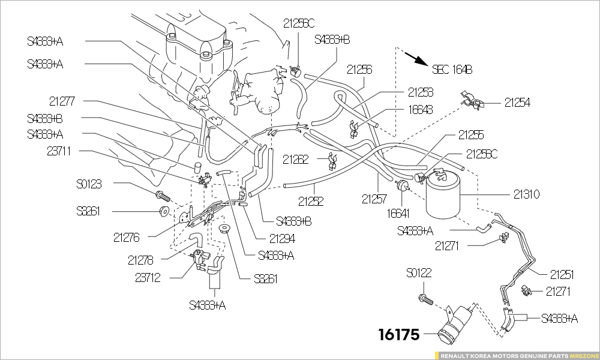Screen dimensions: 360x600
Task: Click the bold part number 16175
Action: click(x=398, y=335)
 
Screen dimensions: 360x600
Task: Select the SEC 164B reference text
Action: click(x=452, y=69)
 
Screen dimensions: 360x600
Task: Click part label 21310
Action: click(x=526, y=194)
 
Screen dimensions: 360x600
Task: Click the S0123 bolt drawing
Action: click(x=162, y=195)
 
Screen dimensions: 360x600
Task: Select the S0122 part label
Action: click(x=419, y=273)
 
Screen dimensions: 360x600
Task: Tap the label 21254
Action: click(x=517, y=103)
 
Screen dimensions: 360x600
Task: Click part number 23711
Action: click(x=59, y=151)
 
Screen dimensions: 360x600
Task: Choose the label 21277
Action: click(x=62, y=101)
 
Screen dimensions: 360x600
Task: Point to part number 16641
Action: click(x=398, y=212)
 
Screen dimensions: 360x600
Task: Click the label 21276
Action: click(x=126, y=238)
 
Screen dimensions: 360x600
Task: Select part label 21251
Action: click(x=562, y=275)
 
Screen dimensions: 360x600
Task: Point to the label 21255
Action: click(x=471, y=135)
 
